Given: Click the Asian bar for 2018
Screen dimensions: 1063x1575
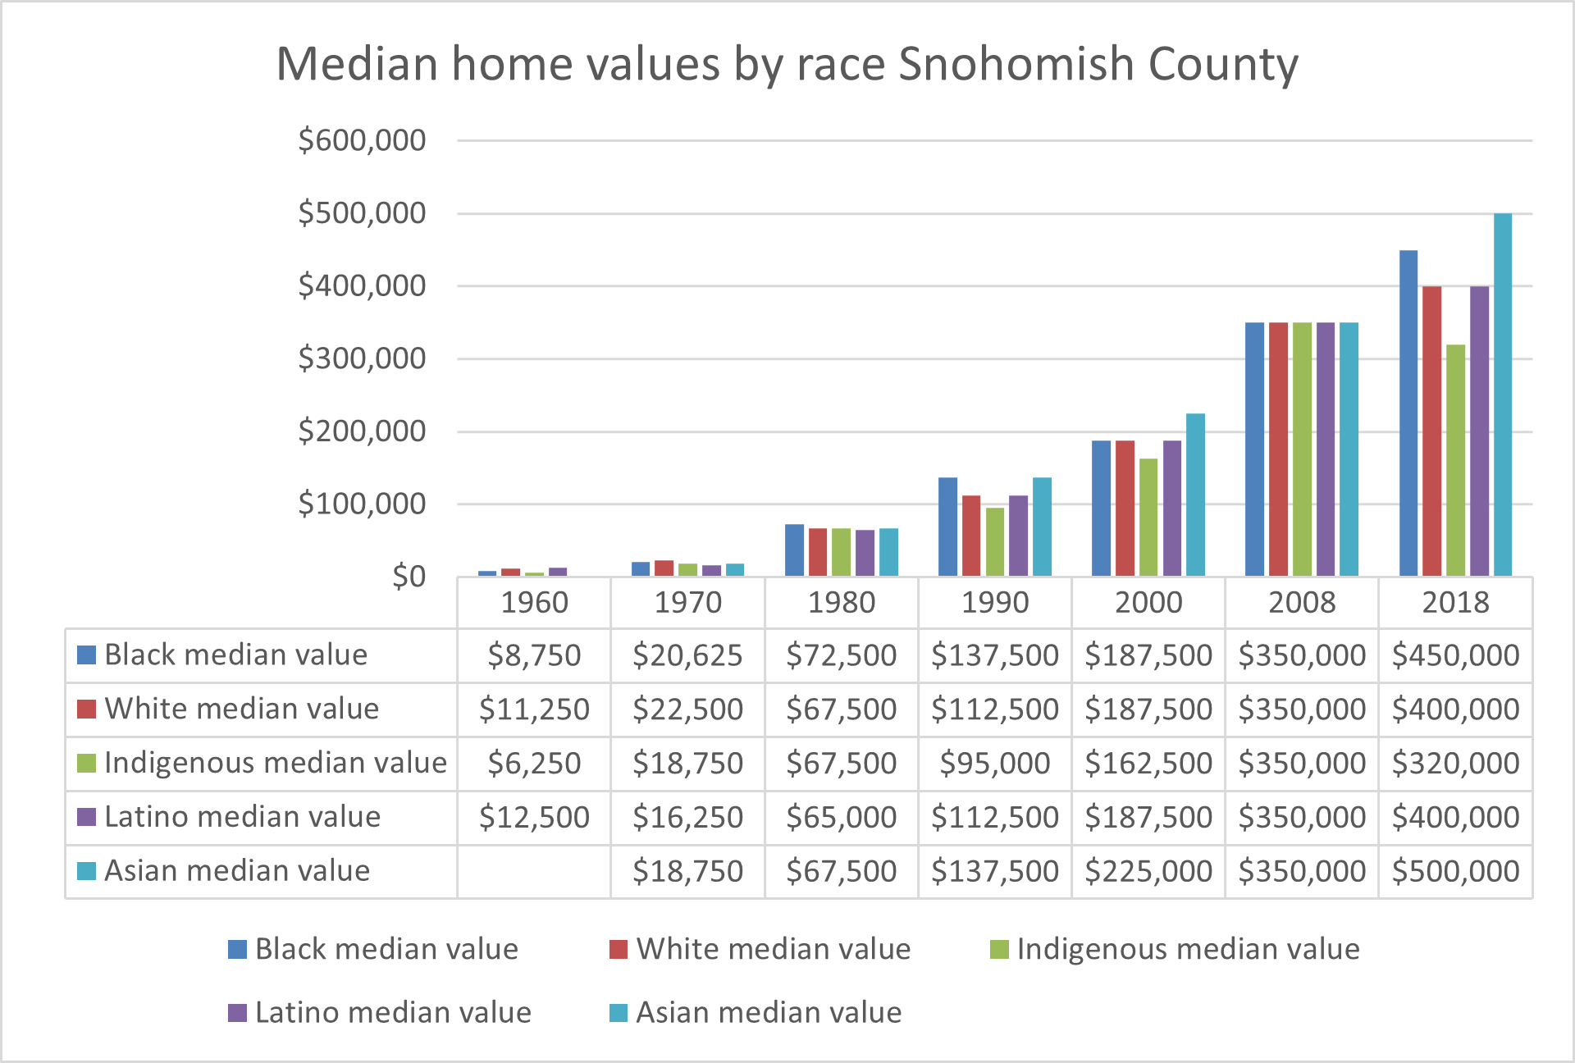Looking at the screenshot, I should pyautogui.click(x=1502, y=395).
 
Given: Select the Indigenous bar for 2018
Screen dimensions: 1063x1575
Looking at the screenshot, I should pyautogui.click(x=1455, y=460).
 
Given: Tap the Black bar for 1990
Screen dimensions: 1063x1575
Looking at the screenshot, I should pyautogui.click(x=947, y=527).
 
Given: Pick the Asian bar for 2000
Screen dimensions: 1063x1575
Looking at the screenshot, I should pyautogui.click(x=1195, y=495).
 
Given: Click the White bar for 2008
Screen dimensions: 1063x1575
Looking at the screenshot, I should pyautogui.click(x=1278, y=449).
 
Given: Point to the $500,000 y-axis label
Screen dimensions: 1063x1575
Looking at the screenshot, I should pyautogui.click(x=362, y=213).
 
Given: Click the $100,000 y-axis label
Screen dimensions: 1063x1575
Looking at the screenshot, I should pyautogui.click(x=362, y=504).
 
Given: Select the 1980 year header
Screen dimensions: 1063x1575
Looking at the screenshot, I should pyautogui.click(x=841, y=603).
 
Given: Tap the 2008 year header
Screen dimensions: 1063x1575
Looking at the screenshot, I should pyautogui.click(x=1302, y=603).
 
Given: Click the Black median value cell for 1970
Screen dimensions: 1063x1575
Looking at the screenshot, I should pyautogui.click(x=687, y=655).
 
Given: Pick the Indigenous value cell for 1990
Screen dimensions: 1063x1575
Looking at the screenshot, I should pyautogui.click(x=994, y=764).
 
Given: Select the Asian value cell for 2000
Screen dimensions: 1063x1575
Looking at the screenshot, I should pyautogui.click(x=1148, y=871).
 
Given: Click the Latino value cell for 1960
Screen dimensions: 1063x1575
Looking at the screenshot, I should pyautogui.click(x=534, y=818).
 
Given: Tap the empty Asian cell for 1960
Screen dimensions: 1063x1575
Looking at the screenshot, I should pyautogui.click(x=534, y=871).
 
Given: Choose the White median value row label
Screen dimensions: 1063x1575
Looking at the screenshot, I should pyautogui.click(x=241, y=709).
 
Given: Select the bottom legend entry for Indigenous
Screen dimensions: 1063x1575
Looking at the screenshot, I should pyautogui.click(x=1187, y=949).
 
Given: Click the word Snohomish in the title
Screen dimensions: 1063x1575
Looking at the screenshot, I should pyautogui.click(x=1016, y=64).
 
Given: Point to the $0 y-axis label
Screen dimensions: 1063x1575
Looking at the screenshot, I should pyautogui.click(x=409, y=577).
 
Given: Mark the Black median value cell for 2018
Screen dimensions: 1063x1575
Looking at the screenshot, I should pyautogui.click(x=1455, y=655).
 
